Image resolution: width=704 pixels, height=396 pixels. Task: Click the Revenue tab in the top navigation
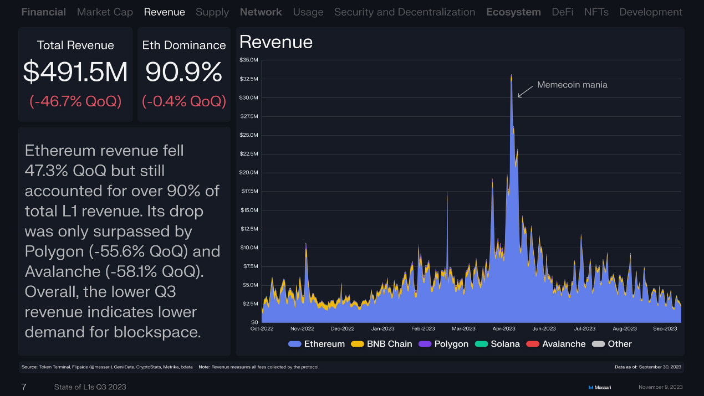(164, 12)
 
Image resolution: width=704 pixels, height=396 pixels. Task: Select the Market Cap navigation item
(105, 12)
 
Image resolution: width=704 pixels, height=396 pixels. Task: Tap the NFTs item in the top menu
(596, 12)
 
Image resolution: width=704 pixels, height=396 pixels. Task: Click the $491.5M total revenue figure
(75, 72)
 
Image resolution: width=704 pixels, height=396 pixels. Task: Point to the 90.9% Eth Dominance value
(184, 72)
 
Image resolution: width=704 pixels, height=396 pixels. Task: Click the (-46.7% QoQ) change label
(75, 101)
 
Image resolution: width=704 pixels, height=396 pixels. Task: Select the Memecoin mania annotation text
(572, 85)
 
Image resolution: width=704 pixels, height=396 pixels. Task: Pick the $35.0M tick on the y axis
(249, 60)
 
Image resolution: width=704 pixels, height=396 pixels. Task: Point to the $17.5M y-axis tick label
(249, 191)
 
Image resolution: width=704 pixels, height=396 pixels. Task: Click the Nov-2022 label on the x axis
(302, 328)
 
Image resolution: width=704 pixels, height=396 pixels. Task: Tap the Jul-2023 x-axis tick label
(585, 328)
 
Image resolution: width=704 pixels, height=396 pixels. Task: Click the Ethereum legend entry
(317, 344)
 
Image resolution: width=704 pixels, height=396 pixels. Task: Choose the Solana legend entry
(498, 344)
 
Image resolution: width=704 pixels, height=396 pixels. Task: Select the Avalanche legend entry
(557, 344)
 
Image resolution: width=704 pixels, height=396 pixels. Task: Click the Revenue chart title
(276, 42)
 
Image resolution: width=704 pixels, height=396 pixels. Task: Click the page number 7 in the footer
(24, 387)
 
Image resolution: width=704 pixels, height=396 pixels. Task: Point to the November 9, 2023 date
(660, 387)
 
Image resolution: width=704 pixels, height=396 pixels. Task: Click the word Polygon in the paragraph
(55, 251)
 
